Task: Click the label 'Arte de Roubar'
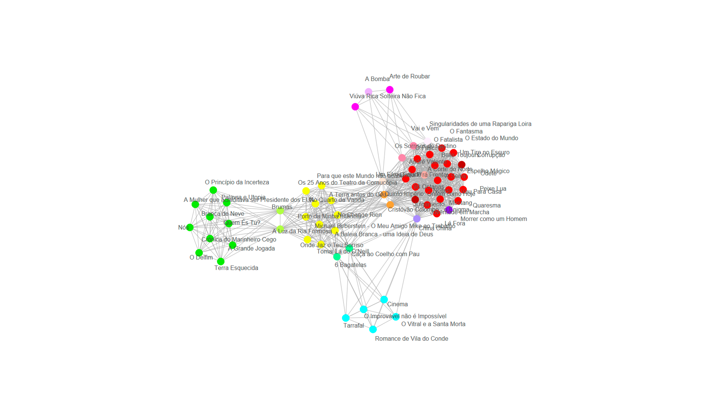(410, 76)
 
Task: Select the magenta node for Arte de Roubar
(389, 90)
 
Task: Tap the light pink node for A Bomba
(369, 91)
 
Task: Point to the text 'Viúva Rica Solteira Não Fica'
(387, 96)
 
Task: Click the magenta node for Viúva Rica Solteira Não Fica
(355, 107)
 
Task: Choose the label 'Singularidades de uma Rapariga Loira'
(480, 124)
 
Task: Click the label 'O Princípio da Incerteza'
(237, 182)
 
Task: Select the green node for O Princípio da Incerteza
(213, 190)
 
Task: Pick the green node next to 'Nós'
(190, 227)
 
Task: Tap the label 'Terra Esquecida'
(236, 268)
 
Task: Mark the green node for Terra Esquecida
(221, 261)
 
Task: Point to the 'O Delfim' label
(201, 257)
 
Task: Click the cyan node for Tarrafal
(346, 318)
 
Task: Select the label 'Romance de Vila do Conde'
(412, 339)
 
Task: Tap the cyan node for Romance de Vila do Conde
(373, 329)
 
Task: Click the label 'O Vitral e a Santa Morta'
(433, 324)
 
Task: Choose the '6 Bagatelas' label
(350, 265)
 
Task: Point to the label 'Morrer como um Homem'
(494, 219)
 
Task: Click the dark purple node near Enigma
(449, 210)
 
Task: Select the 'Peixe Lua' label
(493, 189)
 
